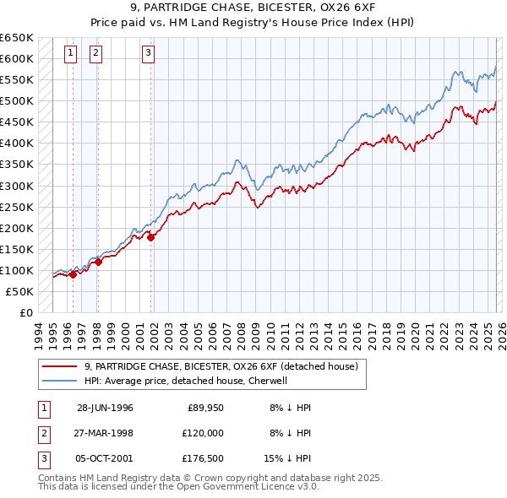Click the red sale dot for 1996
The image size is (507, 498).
(x=73, y=274)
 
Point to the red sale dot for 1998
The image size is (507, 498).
(x=98, y=262)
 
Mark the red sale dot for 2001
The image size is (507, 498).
(x=151, y=238)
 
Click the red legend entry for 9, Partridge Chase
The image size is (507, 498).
(x=221, y=366)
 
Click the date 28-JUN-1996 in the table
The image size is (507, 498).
(x=105, y=408)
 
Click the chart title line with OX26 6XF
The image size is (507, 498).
(x=253, y=8)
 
